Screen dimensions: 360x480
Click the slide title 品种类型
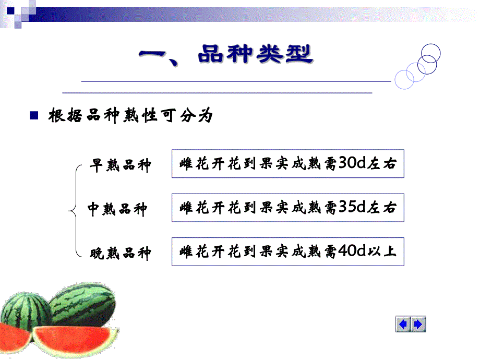pos(255,55)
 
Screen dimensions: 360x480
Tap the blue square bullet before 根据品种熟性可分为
pos(34,115)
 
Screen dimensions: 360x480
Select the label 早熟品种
pos(121,165)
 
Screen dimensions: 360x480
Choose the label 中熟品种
pos(117,209)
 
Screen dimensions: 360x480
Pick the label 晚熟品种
pos(121,254)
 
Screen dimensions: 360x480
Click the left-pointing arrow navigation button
pos(403,325)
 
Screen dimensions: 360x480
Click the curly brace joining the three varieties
pos(74,210)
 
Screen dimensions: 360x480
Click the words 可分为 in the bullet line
pos(194,116)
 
